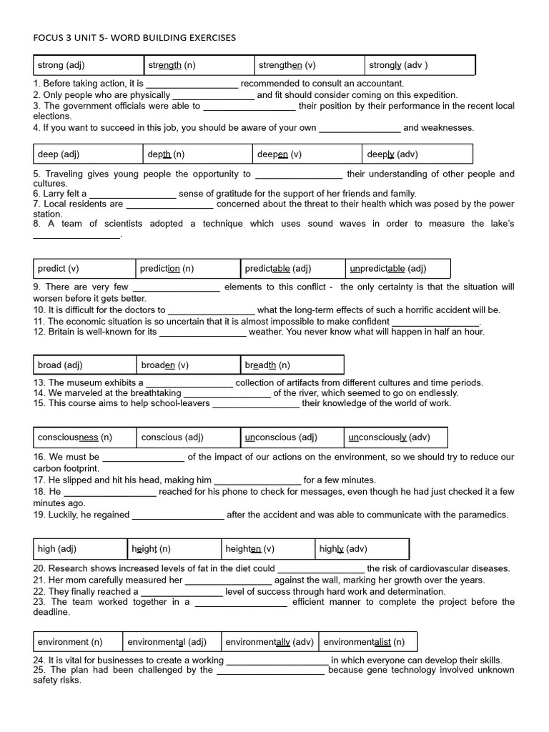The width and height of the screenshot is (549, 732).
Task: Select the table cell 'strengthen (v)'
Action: point(309,65)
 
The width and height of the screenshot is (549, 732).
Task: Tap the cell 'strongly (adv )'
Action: point(420,65)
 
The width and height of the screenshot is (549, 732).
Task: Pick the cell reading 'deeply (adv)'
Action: point(417,154)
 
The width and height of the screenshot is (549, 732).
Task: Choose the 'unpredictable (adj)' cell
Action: point(397,269)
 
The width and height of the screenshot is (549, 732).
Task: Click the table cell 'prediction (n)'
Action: point(188,269)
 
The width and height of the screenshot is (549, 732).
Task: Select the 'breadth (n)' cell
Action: point(292,365)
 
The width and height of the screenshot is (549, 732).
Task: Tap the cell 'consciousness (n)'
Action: point(84,437)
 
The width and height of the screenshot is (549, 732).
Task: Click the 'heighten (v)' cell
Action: point(268,549)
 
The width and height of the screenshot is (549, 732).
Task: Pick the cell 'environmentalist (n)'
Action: point(367,641)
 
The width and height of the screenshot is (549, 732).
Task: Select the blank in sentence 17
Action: point(257,480)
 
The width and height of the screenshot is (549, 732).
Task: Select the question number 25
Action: point(40,670)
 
